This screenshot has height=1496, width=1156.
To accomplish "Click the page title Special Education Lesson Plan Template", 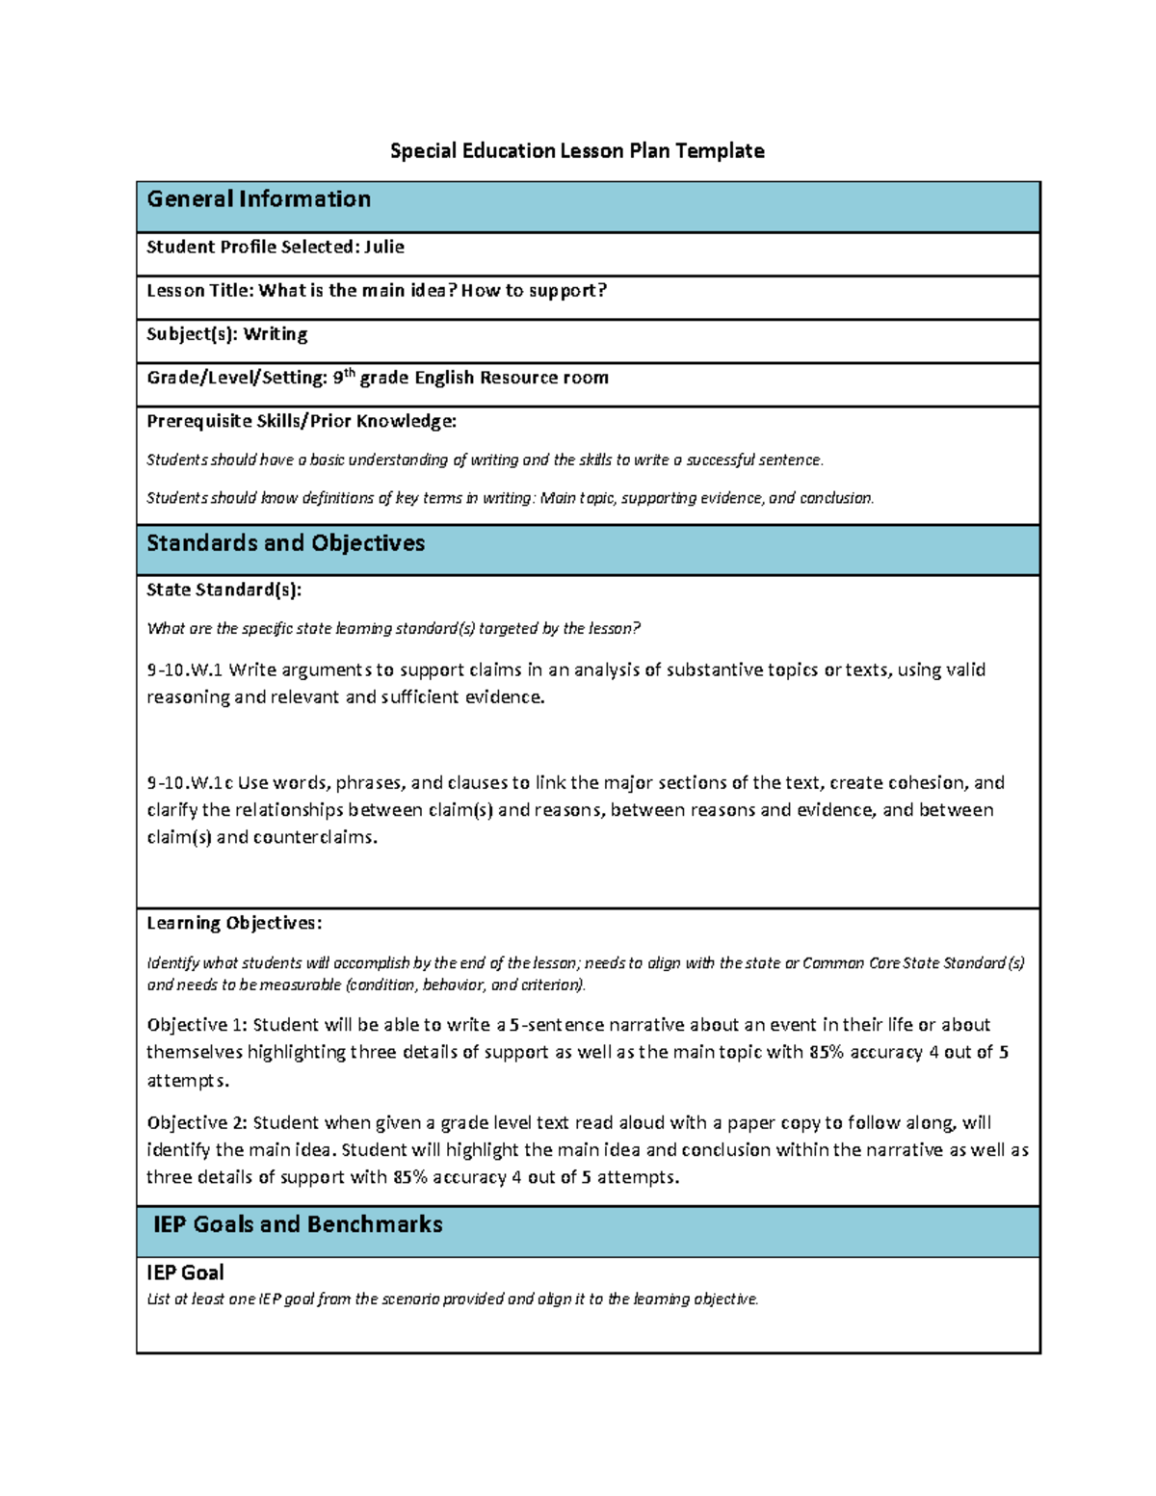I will pyautogui.click(x=577, y=150).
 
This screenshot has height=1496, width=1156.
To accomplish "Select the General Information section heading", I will pyautogui.click(x=258, y=199).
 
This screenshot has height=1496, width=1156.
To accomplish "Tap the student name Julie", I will pyautogui.click(x=384, y=247).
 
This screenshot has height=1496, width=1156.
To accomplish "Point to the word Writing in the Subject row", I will pyautogui.click(x=276, y=334).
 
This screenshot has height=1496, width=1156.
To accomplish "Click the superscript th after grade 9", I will pyautogui.click(x=350, y=373).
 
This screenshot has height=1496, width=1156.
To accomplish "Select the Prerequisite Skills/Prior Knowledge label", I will pyautogui.click(x=301, y=421).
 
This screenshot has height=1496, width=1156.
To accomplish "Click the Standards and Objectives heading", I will pyautogui.click(x=285, y=543).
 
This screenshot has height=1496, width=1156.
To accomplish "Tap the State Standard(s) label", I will pyautogui.click(x=223, y=590).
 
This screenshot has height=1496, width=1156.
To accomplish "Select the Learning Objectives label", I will pyautogui.click(x=234, y=923).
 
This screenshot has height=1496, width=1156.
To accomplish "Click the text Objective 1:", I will pyautogui.click(x=197, y=1025).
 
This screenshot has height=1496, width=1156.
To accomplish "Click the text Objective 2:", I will pyautogui.click(x=197, y=1122).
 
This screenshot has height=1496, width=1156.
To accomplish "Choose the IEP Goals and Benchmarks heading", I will pyautogui.click(x=298, y=1224).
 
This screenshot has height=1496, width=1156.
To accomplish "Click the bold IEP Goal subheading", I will pyautogui.click(x=185, y=1273).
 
